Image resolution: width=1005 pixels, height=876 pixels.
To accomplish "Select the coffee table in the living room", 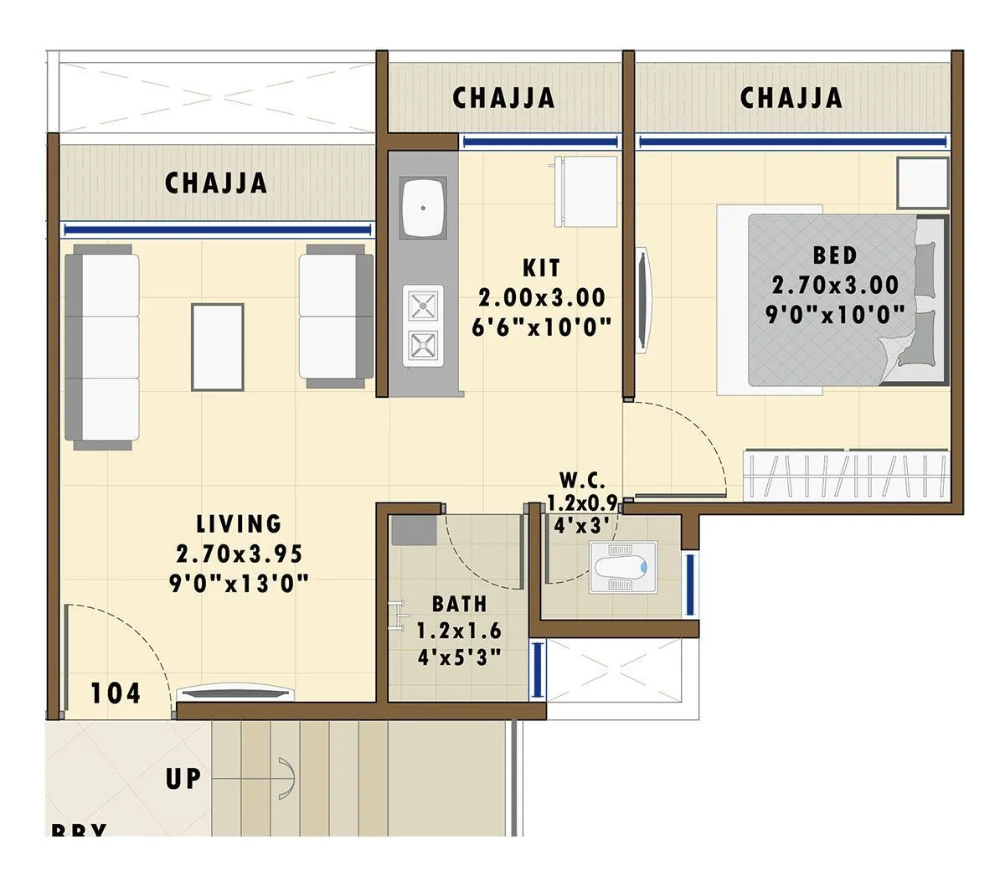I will coord(218,346).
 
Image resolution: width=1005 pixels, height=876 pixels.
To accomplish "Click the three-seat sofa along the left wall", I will coord(102,347).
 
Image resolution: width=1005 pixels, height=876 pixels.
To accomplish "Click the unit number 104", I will coord(116,693).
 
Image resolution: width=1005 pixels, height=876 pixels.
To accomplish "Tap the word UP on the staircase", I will coord(183,778).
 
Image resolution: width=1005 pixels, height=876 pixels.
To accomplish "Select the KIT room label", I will coord(541,269).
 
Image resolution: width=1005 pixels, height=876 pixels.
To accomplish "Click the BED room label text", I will coord(834,254).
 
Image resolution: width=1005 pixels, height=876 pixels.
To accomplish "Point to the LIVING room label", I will coord(239,524).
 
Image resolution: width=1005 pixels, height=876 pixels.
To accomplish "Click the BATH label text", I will coord(459,604).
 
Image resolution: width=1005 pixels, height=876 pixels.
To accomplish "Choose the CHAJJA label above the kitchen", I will coord(503,98).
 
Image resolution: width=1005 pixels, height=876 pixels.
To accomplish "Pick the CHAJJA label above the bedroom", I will coord(791,97).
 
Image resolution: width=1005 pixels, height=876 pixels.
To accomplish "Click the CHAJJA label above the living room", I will coord(216,183).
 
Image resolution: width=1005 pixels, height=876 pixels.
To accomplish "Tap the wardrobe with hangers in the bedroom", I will coord(846,476).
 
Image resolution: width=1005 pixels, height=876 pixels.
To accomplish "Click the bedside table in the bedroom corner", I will coord(921,182).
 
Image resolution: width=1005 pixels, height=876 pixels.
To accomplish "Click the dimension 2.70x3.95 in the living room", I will coord(239,554).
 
